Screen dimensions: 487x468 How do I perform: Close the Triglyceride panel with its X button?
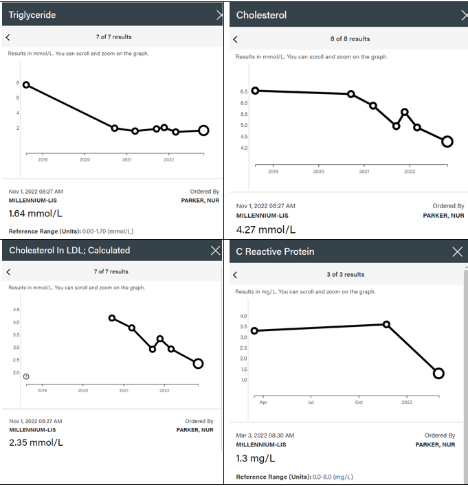(220, 14)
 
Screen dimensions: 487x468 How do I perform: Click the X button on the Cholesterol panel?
(464, 14)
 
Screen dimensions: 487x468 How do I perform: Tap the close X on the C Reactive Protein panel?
(458, 252)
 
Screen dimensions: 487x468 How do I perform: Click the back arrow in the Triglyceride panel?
(8, 37)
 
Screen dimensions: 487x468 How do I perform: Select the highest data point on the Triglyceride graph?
(26, 84)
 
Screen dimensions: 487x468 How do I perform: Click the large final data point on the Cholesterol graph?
(447, 141)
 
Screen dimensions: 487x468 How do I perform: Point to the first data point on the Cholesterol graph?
(256, 91)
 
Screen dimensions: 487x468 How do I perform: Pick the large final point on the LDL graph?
(198, 363)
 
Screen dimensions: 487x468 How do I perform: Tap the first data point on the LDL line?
(112, 318)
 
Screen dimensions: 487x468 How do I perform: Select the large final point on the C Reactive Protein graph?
(438, 373)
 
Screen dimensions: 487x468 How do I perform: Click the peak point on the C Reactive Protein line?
(386, 324)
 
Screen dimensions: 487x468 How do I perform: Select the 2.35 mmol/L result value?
(36, 442)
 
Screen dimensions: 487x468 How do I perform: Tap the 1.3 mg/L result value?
(256, 458)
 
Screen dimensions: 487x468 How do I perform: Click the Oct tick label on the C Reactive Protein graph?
(359, 402)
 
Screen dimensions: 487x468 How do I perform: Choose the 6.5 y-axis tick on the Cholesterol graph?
(244, 91)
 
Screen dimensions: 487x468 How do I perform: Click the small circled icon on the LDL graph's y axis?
(26, 376)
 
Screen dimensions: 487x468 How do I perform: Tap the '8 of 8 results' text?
(350, 39)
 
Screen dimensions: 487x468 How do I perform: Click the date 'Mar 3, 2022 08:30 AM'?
(265, 435)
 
